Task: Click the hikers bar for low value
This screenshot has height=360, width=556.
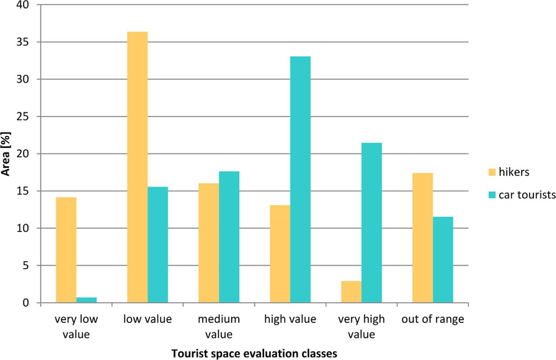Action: pyautogui.click(x=137, y=167)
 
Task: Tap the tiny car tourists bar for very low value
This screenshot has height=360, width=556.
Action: pyautogui.click(x=86, y=300)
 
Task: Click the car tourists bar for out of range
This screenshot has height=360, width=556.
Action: pyautogui.click(x=443, y=260)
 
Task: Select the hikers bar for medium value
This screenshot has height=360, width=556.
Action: pyautogui.click(x=208, y=243)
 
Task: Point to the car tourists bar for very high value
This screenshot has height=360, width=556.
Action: pyautogui.click(x=371, y=222)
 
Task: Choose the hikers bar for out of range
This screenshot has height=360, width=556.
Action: pyautogui.click(x=422, y=238)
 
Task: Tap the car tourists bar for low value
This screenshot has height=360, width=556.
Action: pyautogui.click(x=158, y=244)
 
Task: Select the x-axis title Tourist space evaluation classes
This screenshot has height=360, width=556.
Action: pyautogui.click(x=254, y=353)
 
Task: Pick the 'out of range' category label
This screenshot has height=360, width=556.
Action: pyautogui.click(x=433, y=320)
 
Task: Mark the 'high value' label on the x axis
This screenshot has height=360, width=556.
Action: pyautogui.click(x=290, y=320)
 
